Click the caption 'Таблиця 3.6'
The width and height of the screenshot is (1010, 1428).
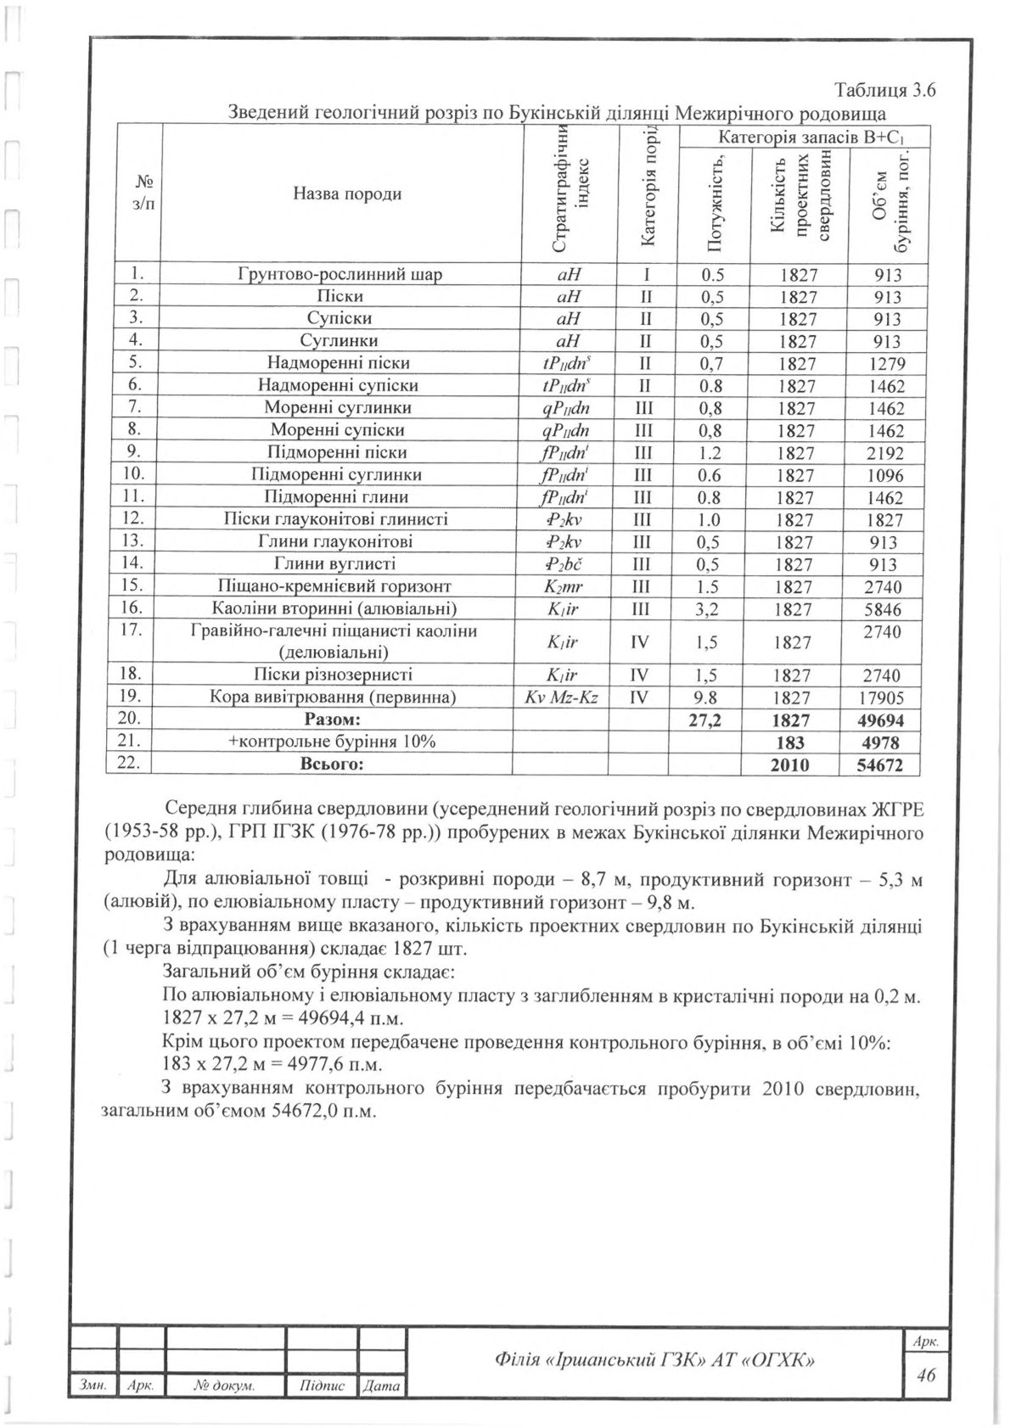[x=884, y=92]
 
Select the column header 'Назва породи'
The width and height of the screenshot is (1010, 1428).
[x=347, y=193]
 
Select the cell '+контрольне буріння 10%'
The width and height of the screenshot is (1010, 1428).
[x=332, y=742]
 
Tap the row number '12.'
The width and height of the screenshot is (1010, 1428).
[x=133, y=518]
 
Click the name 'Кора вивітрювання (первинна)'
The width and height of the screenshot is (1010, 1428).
[x=333, y=698]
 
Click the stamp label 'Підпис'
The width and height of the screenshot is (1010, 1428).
[x=323, y=1386]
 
